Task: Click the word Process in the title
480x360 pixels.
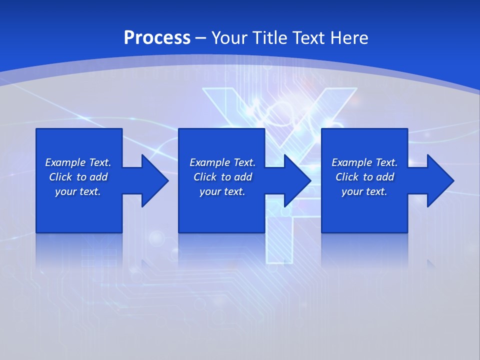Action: point(157,37)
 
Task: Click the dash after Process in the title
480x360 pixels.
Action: point(200,38)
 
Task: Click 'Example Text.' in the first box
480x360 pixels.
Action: point(78,162)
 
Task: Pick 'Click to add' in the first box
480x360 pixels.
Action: point(78,177)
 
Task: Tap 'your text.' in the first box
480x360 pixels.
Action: point(78,191)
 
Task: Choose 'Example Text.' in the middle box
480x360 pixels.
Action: point(222,162)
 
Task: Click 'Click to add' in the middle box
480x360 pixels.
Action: point(222,177)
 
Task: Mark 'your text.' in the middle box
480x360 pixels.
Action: point(222,191)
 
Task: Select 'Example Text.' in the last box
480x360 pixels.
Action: point(364,162)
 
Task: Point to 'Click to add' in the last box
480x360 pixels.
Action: point(364,177)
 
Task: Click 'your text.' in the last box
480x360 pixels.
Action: point(364,191)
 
